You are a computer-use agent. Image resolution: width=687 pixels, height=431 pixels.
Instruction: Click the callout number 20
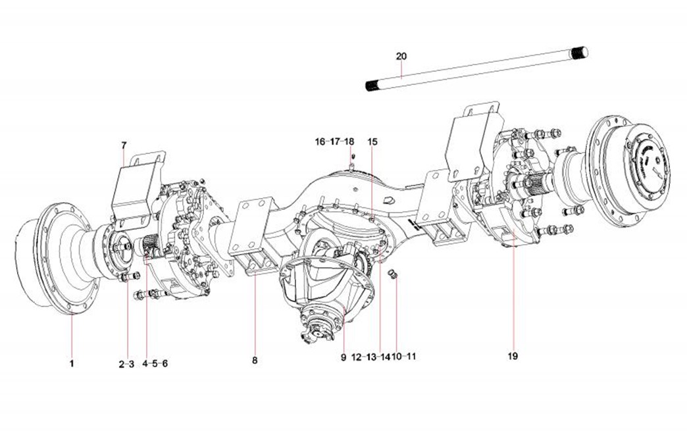point(401,57)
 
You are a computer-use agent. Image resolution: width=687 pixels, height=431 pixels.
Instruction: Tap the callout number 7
point(123,144)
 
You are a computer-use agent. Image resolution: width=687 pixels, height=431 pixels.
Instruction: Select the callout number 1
point(72,363)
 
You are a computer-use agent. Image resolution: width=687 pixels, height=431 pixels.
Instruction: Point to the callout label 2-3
point(126,363)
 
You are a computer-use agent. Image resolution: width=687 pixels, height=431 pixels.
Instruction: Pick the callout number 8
point(255,361)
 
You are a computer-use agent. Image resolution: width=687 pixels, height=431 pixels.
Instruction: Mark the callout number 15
point(372,141)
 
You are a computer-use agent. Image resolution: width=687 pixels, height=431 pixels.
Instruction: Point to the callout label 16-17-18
point(334,141)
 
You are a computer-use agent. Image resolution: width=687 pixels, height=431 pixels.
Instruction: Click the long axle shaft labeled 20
point(474,69)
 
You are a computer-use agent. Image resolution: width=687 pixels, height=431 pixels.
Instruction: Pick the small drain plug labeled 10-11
point(393,274)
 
